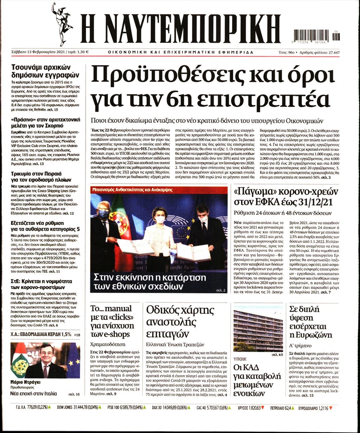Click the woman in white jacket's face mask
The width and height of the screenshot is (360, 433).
160,220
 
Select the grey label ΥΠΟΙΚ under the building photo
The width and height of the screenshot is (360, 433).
240,359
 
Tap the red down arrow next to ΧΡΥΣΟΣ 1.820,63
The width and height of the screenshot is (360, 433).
263,408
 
